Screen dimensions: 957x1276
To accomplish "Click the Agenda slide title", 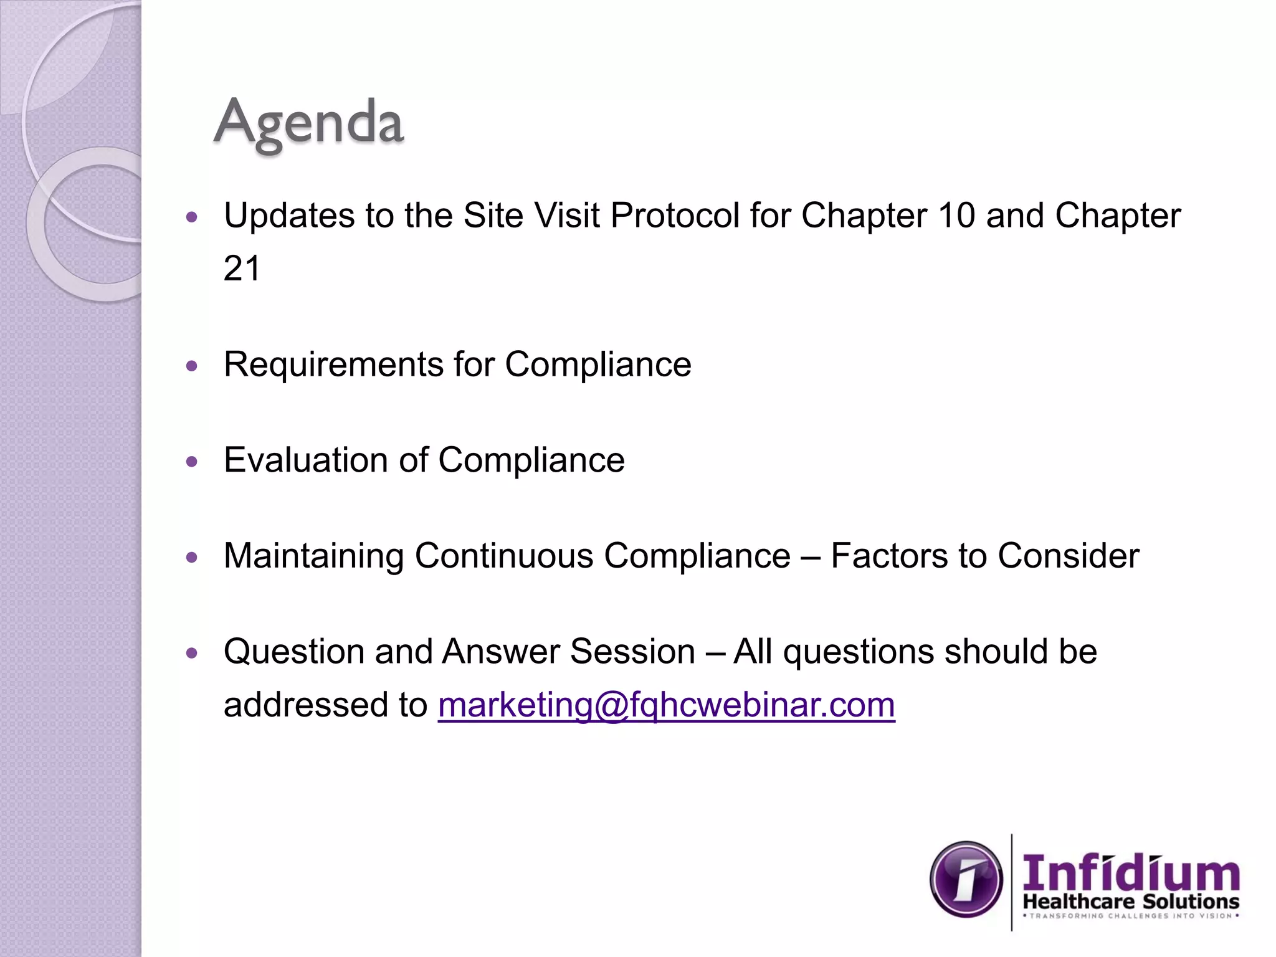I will click(309, 122).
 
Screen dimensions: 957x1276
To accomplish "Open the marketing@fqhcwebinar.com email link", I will click(666, 705).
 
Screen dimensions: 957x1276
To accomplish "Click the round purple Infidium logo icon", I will click(966, 879).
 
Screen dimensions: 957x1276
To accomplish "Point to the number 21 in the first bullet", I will click(242, 269).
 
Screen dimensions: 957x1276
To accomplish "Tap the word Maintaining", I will click(314, 556).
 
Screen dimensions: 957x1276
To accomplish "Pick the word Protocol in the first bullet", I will click(675, 216).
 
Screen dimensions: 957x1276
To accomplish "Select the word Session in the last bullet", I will click(632, 652).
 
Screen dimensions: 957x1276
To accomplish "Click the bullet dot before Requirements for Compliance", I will click(192, 366).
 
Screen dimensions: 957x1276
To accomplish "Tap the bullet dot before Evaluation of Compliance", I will click(192, 462).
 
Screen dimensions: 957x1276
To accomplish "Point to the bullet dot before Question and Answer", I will click(192, 654).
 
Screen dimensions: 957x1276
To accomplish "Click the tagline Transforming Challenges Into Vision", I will click(1130, 916).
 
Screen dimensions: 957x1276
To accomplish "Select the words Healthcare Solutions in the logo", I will click(1130, 902).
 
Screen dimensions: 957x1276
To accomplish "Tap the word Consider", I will click(1069, 556).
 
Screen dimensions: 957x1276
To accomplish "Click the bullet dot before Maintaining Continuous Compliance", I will click(192, 558).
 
